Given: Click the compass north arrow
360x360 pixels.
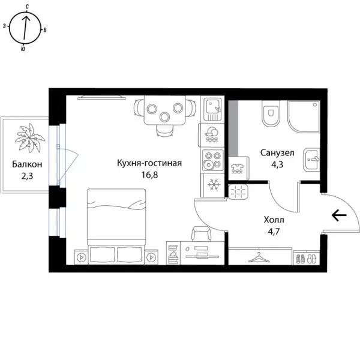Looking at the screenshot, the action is click(x=26, y=28).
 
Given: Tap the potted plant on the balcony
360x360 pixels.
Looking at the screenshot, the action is click(x=29, y=138).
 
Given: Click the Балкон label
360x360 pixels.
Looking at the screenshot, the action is click(x=27, y=164).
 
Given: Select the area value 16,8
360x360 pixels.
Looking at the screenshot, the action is click(x=149, y=175).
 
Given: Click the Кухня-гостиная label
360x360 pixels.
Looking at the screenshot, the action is click(x=149, y=163).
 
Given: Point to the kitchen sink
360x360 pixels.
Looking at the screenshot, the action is click(x=213, y=109).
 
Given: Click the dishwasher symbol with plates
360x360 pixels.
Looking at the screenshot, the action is click(x=212, y=135).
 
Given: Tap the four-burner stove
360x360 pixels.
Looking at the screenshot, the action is click(x=212, y=160).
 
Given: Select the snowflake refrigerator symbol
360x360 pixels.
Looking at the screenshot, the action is click(x=214, y=185).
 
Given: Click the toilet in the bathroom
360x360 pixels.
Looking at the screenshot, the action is click(x=271, y=113).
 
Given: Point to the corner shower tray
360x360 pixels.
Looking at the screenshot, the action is click(x=304, y=116).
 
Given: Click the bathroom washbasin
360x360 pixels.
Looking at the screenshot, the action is click(x=311, y=160).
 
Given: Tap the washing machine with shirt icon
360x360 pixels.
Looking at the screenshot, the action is click(x=239, y=168).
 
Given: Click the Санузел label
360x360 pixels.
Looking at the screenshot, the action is click(x=277, y=152).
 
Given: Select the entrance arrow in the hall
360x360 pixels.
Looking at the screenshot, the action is click(x=339, y=215).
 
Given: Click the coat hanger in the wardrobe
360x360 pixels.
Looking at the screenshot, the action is click(x=259, y=257).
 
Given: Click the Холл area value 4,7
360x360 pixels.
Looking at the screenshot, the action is click(x=274, y=232).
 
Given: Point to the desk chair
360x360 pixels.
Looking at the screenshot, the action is click(x=202, y=233).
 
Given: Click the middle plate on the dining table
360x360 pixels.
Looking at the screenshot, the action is click(x=164, y=117).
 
